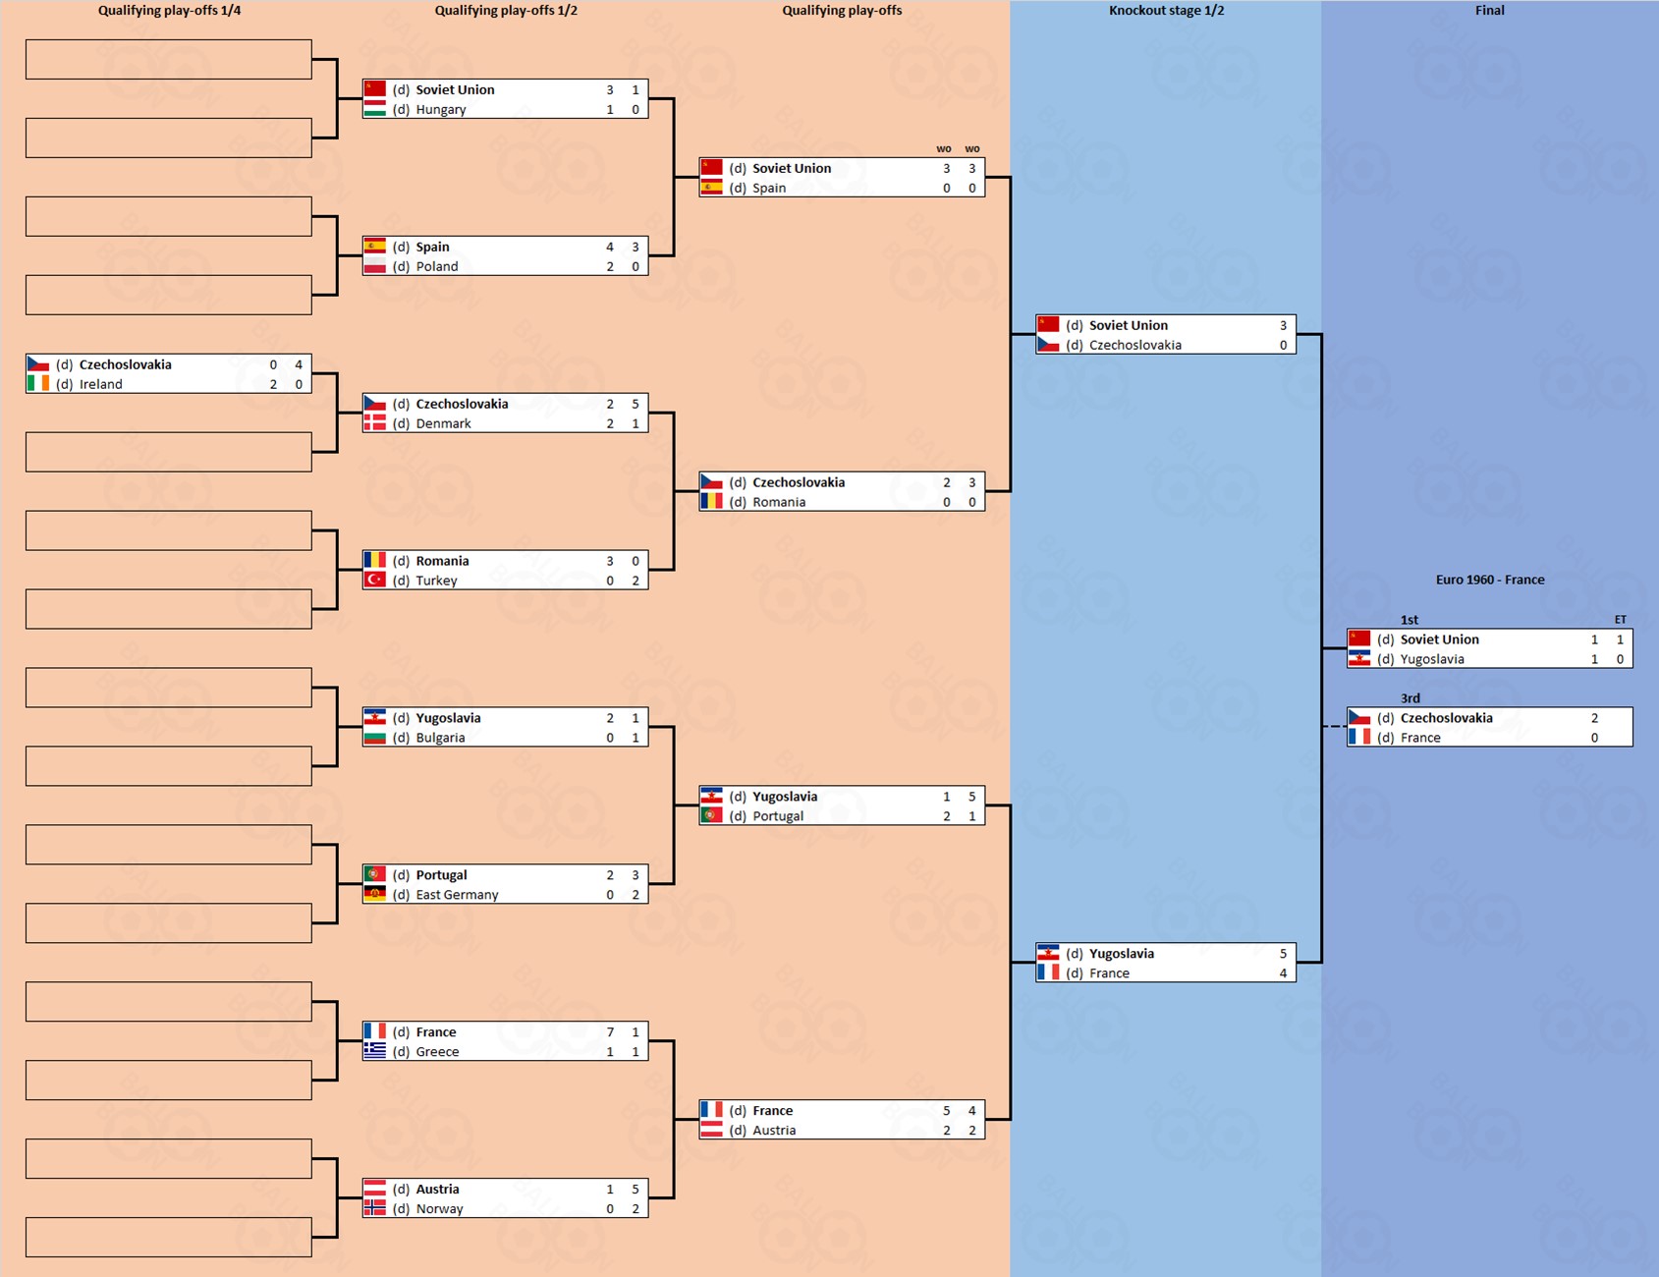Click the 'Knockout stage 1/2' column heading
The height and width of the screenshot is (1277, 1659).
(x=1166, y=11)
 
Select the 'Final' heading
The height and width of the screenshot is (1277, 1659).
(x=1489, y=11)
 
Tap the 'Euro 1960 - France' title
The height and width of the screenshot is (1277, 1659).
(x=1489, y=580)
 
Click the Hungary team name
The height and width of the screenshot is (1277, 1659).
(x=440, y=109)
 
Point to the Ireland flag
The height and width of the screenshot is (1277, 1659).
(x=38, y=383)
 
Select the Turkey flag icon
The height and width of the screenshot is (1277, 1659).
(x=374, y=580)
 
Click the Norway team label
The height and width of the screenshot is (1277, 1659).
(x=439, y=1208)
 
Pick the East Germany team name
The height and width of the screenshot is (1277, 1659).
(x=457, y=894)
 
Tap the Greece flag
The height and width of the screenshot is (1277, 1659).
(x=374, y=1050)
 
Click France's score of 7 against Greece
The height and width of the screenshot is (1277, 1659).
(x=610, y=1031)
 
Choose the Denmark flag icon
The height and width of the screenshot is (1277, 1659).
(x=374, y=422)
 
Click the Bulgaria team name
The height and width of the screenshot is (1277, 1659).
(x=440, y=737)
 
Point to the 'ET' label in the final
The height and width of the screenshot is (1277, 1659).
(x=1620, y=620)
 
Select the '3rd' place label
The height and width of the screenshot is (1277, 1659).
(x=1410, y=698)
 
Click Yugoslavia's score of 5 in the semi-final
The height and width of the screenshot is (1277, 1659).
(x=1283, y=953)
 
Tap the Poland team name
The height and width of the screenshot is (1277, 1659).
(x=436, y=266)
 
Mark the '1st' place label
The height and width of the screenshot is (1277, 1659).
(x=1409, y=620)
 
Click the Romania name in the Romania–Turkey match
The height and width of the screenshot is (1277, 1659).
(x=442, y=561)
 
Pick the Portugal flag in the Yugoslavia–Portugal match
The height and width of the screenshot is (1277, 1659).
(x=711, y=815)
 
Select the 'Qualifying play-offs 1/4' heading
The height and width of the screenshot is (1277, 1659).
(x=169, y=11)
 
